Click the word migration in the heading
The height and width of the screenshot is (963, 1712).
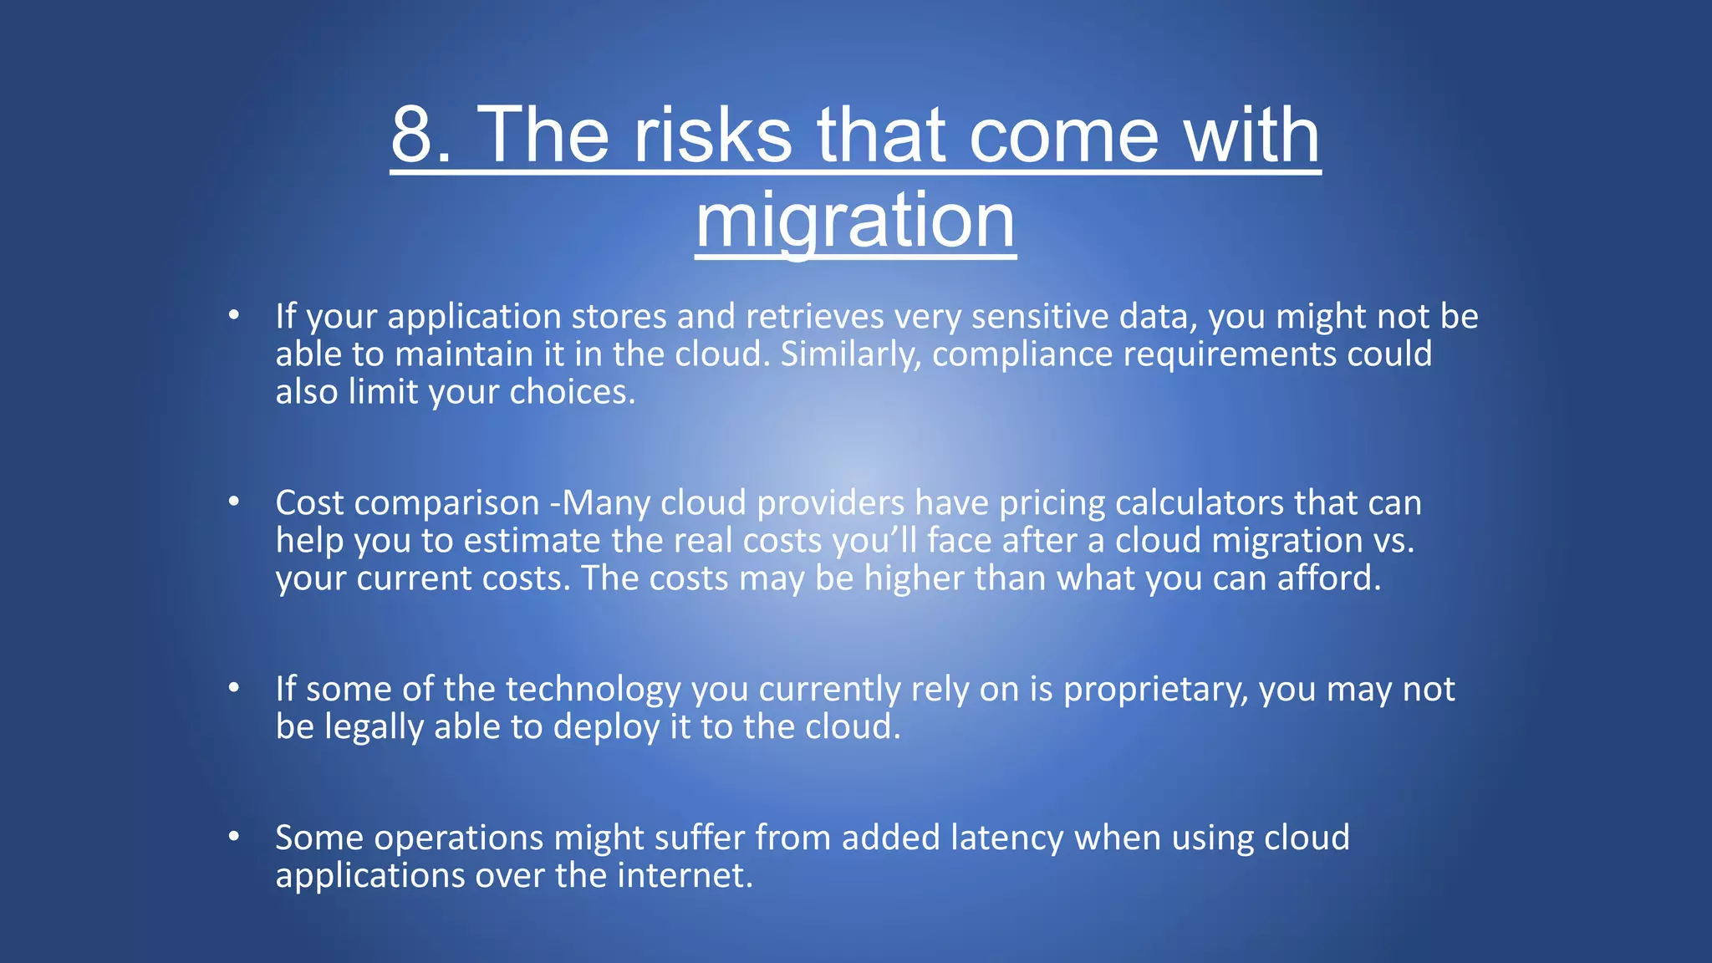855,220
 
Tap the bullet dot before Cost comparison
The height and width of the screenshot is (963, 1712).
234,502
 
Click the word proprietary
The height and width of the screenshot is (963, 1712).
1155,690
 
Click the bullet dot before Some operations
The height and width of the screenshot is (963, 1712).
234,837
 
